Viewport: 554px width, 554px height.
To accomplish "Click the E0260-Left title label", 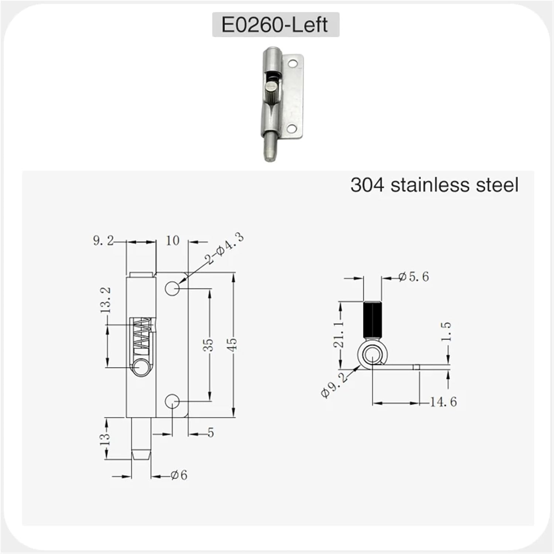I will (x=275, y=25).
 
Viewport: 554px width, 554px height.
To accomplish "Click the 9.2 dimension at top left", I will (x=103, y=241).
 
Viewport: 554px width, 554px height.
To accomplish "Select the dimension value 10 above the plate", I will (x=172, y=241).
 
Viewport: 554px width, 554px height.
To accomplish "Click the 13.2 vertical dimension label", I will (x=106, y=300).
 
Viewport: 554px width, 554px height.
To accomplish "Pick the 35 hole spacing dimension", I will (x=209, y=345).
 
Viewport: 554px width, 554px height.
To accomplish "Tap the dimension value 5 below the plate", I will (x=211, y=432).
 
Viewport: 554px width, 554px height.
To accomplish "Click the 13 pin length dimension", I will (x=106, y=438).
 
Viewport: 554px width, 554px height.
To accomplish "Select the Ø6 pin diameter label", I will (x=179, y=475).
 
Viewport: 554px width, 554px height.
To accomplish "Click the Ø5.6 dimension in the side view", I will (x=414, y=277).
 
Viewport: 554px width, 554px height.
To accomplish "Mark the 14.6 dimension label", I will (x=443, y=402).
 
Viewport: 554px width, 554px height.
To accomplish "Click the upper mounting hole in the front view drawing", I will (x=172, y=288).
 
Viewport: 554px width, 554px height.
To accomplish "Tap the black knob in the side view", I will (x=372, y=319).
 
